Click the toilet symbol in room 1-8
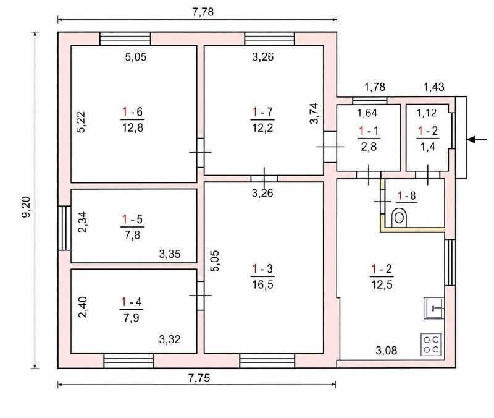399,218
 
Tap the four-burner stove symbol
431,344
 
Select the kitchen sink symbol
434,308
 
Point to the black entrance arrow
477,140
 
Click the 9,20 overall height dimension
26,207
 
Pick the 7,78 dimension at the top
203,12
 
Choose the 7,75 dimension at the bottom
199,378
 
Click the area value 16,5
262,285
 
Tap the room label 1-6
132,112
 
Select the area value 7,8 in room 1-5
132,235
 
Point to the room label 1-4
132,302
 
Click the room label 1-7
262,112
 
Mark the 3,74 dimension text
314,114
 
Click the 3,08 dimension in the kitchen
387,350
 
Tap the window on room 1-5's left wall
64,228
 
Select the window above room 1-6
125,38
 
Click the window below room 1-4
128,361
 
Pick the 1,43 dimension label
434,87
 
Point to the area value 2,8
369,147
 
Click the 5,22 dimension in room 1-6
81,122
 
